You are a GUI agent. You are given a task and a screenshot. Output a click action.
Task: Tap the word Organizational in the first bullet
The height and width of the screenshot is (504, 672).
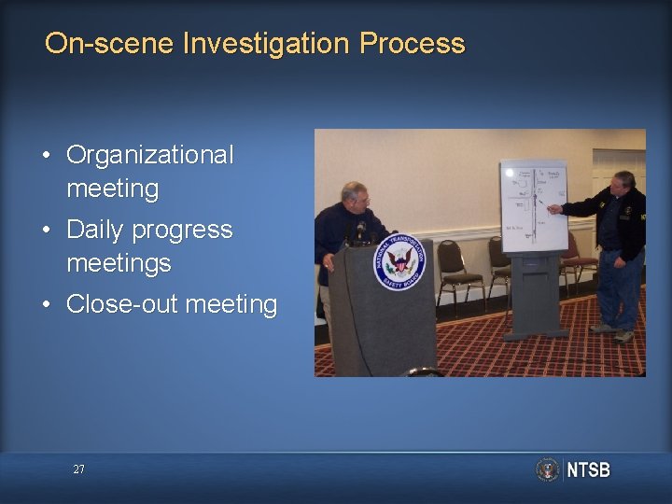pyautogui.click(x=150, y=155)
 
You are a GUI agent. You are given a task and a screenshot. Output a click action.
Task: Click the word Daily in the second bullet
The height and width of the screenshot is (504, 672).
pyautogui.click(x=97, y=230)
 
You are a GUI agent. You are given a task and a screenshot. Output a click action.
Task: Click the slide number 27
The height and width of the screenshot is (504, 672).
pyautogui.click(x=78, y=469)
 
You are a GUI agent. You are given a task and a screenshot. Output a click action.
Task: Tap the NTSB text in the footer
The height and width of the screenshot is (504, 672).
pyautogui.click(x=588, y=469)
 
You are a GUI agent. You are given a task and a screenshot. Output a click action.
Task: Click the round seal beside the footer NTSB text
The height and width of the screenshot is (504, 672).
pyautogui.click(x=548, y=469)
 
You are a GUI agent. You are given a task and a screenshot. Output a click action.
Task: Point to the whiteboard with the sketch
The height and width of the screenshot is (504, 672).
pyautogui.click(x=533, y=207)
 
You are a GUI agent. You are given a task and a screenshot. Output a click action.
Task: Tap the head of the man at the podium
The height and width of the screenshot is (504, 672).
pyautogui.click(x=355, y=197)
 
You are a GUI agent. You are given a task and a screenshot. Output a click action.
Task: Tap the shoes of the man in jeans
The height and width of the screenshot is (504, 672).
pyautogui.click(x=612, y=332)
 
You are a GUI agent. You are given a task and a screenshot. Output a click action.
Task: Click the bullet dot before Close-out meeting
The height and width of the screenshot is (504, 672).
pyautogui.click(x=46, y=305)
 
